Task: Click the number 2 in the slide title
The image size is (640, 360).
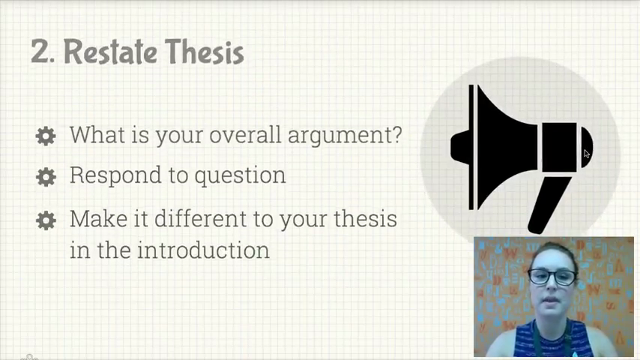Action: click(40, 51)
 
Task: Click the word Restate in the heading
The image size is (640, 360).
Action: click(111, 52)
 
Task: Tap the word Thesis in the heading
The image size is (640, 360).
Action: click(205, 52)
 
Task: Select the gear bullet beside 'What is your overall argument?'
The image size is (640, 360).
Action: click(46, 136)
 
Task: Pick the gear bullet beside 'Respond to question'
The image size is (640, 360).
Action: click(46, 177)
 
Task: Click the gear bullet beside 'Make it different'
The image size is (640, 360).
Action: click(46, 220)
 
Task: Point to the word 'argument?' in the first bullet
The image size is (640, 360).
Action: click(345, 136)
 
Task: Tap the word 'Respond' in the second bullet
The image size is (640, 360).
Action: click(115, 175)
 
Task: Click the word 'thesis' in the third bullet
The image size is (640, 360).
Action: click(366, 218)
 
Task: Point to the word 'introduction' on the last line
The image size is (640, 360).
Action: click(203, 250)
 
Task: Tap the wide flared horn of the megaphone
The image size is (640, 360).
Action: click(506, 147)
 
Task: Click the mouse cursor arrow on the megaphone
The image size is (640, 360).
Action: click(587, 154)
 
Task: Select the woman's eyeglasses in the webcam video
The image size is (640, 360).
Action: click(552, 277)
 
